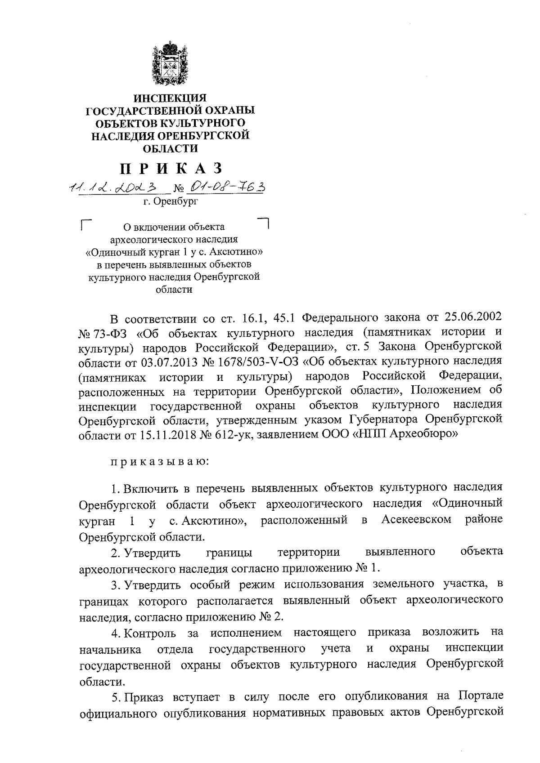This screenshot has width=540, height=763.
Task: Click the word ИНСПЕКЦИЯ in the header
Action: coord(170,98)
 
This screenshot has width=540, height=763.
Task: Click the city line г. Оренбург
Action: coord(171,202)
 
